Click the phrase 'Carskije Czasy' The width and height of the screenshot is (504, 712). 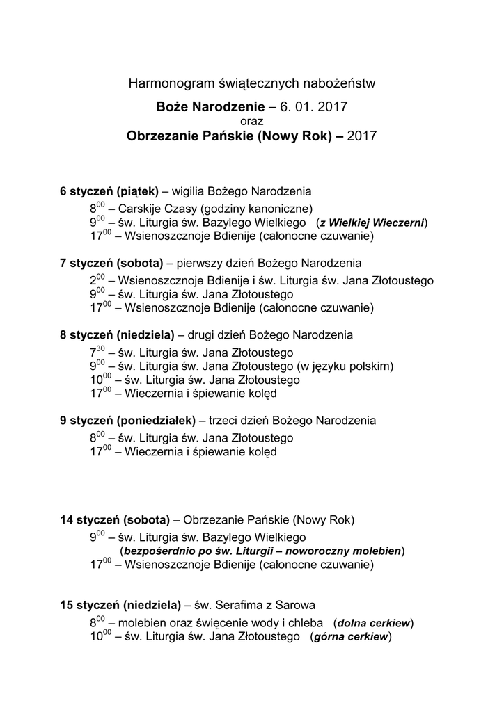click(154, 208)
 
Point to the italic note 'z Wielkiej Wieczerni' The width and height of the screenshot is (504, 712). click(372, 222)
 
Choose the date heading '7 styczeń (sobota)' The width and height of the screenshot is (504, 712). click(111, 264)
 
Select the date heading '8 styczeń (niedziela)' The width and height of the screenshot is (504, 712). click(117, 335)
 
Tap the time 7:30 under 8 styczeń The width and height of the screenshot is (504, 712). click(97, 352)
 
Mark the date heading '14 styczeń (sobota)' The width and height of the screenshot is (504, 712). click(115, 520)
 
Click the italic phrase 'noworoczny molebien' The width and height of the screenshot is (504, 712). click(342, 551)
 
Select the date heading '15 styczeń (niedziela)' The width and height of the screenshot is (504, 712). click(120, 605)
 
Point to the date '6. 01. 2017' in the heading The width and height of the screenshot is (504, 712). click(313, 107)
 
